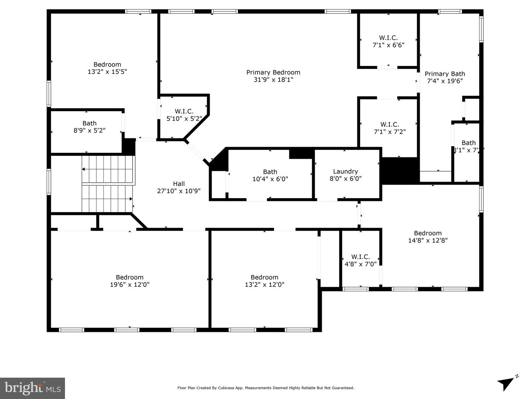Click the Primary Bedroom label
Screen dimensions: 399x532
click(273, 72)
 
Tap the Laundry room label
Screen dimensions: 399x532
click(345, 171)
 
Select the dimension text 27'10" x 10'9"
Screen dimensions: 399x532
click(179, 191)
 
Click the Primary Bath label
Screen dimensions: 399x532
click(445, 74)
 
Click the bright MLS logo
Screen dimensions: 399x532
click(33, 388)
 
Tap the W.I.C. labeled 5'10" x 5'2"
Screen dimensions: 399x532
click(184, 115)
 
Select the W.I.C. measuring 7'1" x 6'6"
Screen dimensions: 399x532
click(388, 41)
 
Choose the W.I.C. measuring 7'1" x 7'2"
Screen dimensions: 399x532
click(389, 128)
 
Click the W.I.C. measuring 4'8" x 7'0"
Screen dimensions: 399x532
click(360, 260)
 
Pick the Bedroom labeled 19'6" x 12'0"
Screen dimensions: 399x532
click(130, 281)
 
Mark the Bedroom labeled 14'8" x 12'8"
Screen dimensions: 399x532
click(428, 237)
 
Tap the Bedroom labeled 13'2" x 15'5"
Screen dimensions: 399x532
click(107, 68)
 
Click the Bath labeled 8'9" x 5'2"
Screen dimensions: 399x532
click(89, 127)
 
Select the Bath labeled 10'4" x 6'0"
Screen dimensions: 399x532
click(270, 175)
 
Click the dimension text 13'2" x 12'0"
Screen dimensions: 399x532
click(265, 285)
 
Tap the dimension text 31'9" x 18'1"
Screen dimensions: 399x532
click(273, 80)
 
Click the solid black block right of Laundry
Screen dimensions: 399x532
click(400, 171)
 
